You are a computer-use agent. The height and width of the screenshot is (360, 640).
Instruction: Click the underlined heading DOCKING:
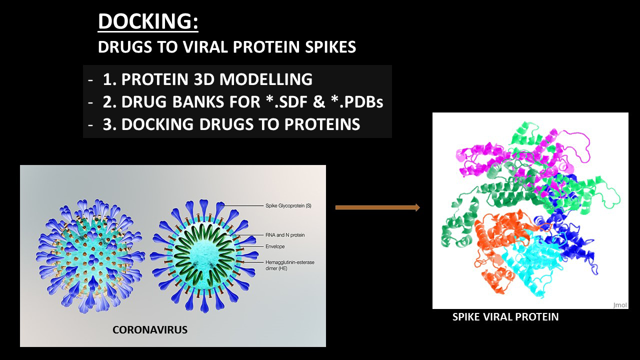coord(148,21)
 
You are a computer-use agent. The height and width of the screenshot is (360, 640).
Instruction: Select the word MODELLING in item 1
coord(266,79)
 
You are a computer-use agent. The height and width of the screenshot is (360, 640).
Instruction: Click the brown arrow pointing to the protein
coord(377,207)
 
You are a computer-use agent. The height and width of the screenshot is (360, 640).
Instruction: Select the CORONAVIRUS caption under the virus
coord(150,330)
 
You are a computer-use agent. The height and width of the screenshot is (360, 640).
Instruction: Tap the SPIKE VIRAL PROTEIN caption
coord(505,317)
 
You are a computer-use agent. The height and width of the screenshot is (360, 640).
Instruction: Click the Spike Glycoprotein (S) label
coord(288,205)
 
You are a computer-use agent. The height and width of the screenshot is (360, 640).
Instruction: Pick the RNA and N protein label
coord(285,235)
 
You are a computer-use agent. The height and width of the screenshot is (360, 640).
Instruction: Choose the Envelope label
coord(275,246)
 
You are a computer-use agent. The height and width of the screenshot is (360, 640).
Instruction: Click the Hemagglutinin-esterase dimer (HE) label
coord(289,265)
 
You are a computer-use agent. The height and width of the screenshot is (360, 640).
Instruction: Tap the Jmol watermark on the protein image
coord(620,305)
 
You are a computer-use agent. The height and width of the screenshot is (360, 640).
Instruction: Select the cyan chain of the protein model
coord(531,263)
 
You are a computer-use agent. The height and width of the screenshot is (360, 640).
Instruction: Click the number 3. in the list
coord(109,124)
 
